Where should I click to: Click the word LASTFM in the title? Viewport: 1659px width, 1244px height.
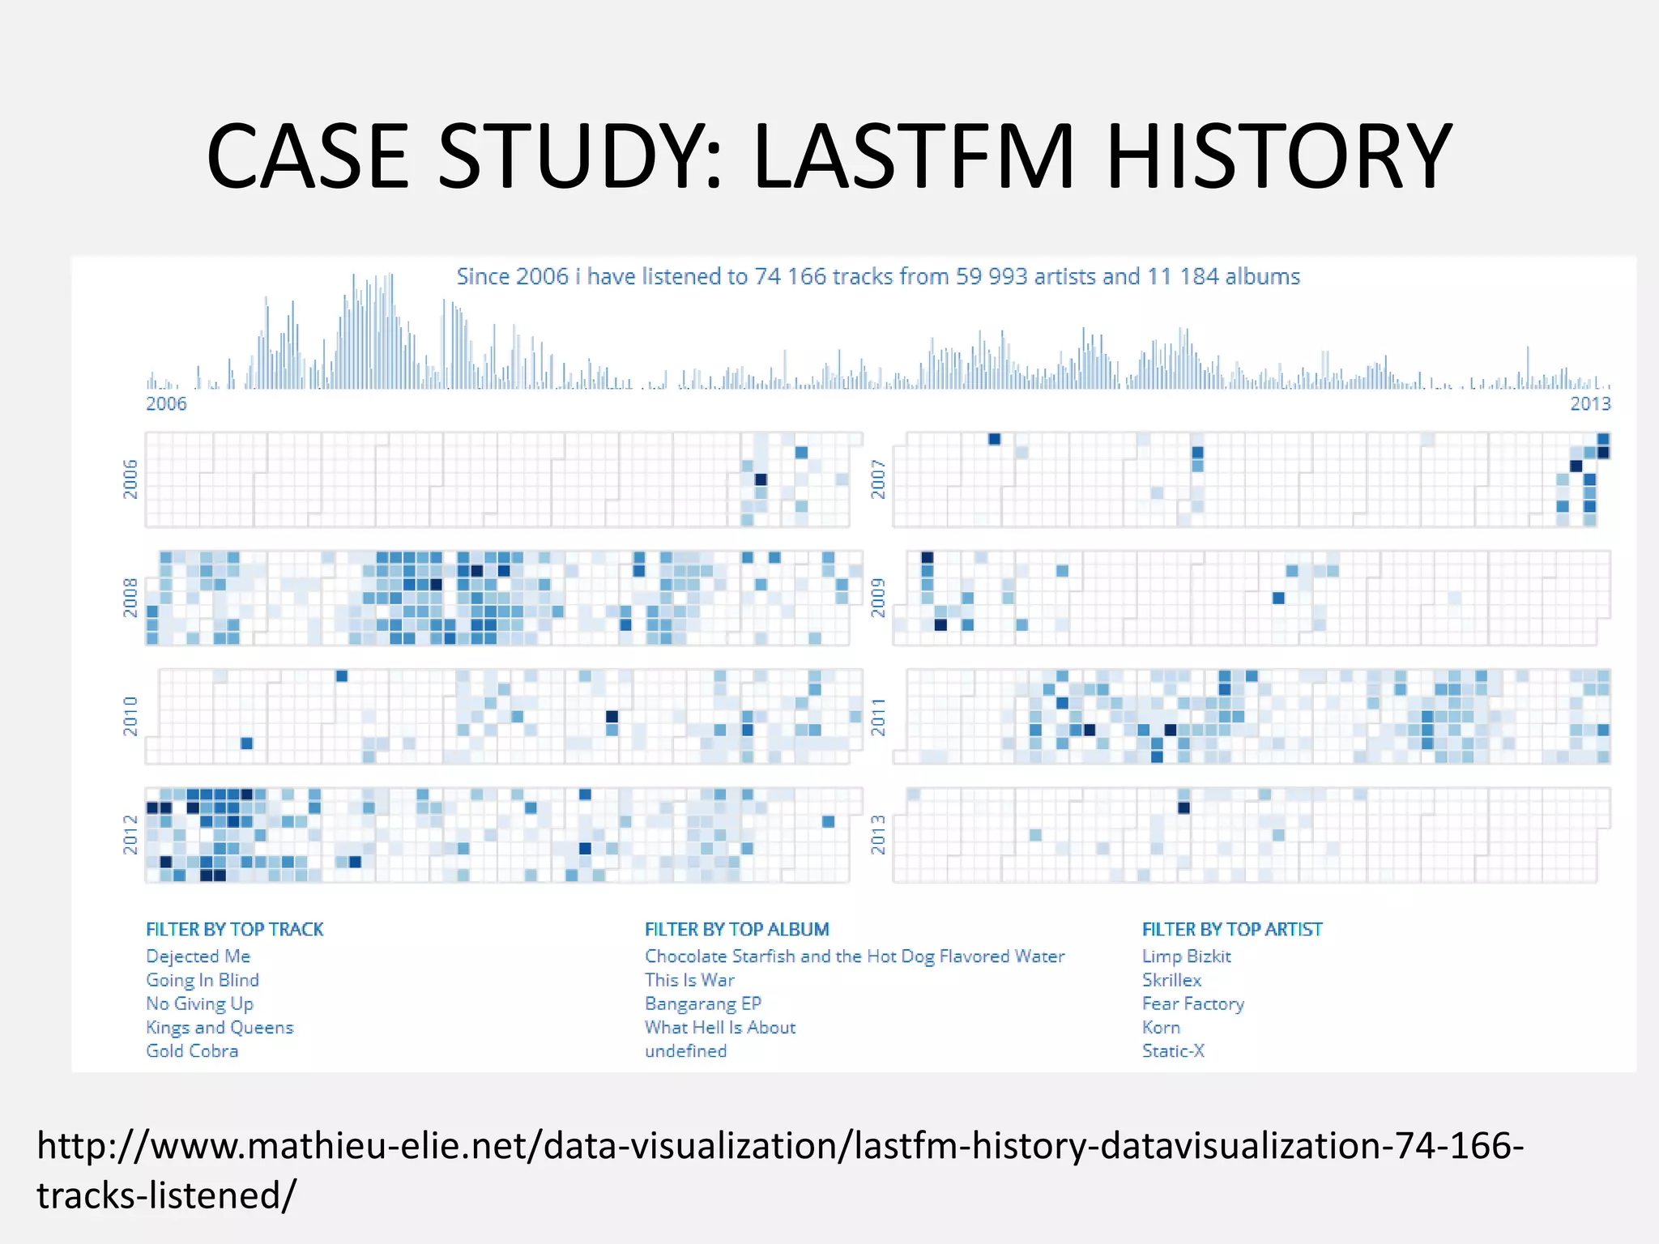click(914, 156)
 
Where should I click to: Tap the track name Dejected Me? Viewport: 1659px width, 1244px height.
click(198, 956)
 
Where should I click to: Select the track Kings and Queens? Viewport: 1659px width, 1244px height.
click(220, 1028)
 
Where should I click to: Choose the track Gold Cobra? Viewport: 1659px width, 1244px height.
click(192, 1051)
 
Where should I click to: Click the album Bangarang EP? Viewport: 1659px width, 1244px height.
click(703, 1004)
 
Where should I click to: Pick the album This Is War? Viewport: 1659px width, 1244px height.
click(689, 980)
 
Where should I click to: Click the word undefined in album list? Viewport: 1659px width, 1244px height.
click(685, 1051)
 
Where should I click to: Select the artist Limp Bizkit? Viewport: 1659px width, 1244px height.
click(1186, 956)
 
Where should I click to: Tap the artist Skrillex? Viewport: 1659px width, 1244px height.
click(1171, 980)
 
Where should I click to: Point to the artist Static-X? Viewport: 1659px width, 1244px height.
click(1173, 1051)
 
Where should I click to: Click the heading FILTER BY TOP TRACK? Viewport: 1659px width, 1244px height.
click(235, 930)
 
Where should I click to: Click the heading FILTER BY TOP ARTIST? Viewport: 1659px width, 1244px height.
click(1231, 930)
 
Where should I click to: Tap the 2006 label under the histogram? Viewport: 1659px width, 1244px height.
click(166, 403)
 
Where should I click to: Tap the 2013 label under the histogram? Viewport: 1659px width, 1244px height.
click(1590, 403)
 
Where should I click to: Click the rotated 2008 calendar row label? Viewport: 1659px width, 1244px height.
click(130, 598)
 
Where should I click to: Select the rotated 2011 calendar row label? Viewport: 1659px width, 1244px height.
click(878, 717)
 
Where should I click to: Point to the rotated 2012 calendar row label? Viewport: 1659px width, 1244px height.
click(130, 835)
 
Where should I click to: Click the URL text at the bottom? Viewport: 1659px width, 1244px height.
click(779, 1147)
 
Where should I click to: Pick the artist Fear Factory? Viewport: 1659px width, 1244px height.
click(1192, 1004)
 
